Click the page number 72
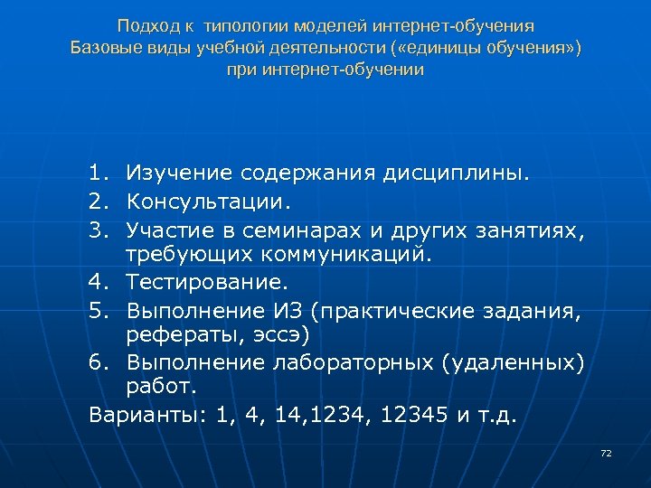click(x=606, y=452)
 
